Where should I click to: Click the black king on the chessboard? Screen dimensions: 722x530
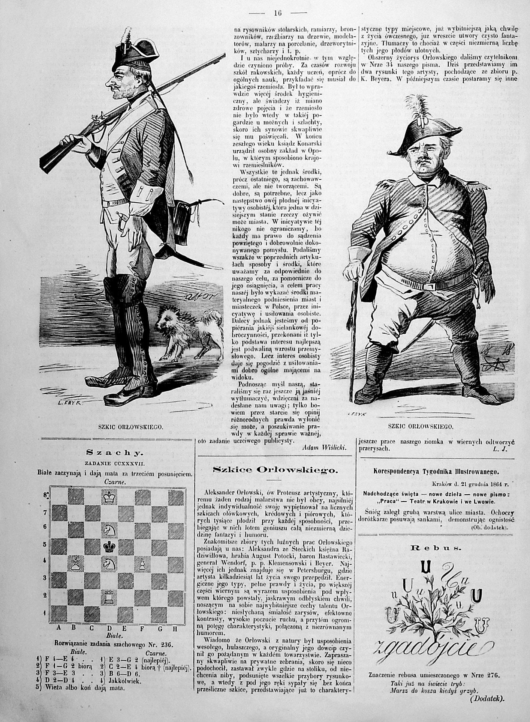pyautogui.click(x=109, y=547)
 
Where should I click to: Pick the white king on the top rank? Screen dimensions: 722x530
pyautogui.click(x=109, y=497)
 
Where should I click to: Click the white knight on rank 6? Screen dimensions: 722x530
pyautogui.click(x=109, y=530)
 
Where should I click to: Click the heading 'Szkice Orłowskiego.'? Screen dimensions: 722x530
pyautogui.click(x=275, y=470)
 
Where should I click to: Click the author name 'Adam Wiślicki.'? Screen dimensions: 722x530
pyautogui.click(x=325, y=448)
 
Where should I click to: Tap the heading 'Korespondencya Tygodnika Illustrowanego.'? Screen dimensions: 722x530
pyautogui.click(x=436, y=472)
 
